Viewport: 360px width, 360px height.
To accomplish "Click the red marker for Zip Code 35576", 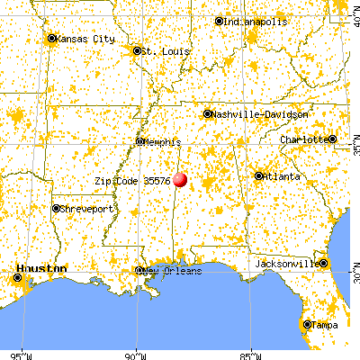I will pyautogui.click(x=182, y=180).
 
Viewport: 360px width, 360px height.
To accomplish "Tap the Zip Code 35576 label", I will pyautogui.click(x=133, y=180).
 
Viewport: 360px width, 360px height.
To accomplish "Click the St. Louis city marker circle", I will pyautogui.click(x=137, y=51).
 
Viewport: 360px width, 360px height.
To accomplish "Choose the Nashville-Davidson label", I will pyautogui.click(x=261, y=115).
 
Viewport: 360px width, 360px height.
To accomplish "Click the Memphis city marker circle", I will pyautogui.click(x=139, y=141).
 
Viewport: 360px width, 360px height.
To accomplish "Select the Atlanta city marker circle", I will pyautogui.click(x=259, y=176).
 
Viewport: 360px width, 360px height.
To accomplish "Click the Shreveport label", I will pyautogui.click(x=87, y=209).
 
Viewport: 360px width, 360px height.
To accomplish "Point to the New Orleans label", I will pyautogui.click(x=173, y=271).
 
